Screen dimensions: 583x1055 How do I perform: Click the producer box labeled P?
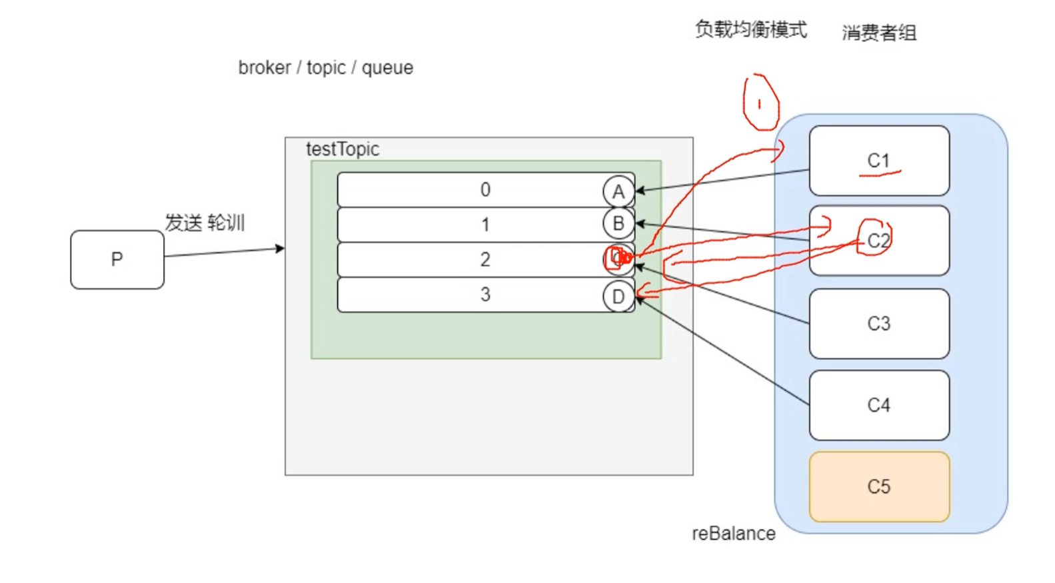click(x=117, y=259)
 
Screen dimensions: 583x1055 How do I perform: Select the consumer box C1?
click(x=878, y=160)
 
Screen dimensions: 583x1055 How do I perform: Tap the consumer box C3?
click(x=878, y=323)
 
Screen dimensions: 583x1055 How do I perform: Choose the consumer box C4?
click(x=878, y=405)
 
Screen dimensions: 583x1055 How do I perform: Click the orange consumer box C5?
click(x=878, y=486)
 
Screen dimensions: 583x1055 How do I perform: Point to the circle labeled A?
click(x=618, y=192)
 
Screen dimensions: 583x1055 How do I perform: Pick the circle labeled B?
click(x=618, y=224)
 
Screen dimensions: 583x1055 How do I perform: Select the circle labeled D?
click(x=618, y=296)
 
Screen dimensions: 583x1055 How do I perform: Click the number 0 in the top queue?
click(x=485, y=190)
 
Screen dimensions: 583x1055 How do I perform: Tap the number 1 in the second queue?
click(x=485, y=225)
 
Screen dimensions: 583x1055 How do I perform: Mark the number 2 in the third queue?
click(x=485, y=259)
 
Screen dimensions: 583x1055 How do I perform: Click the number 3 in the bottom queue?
click(x=485, y=294)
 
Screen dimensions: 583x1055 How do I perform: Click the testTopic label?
click(x=342, y=149)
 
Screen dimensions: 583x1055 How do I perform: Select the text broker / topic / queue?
click(x=325, y=68)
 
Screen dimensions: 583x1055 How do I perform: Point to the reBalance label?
click(x=733, y=534)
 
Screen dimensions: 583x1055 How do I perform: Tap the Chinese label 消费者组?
click(x=878, y=33)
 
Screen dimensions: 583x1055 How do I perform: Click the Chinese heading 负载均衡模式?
click(x=750, y=29)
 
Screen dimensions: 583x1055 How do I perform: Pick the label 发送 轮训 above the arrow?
click(x=205, y=223)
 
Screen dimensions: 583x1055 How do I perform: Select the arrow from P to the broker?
click(x=224, y=252)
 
